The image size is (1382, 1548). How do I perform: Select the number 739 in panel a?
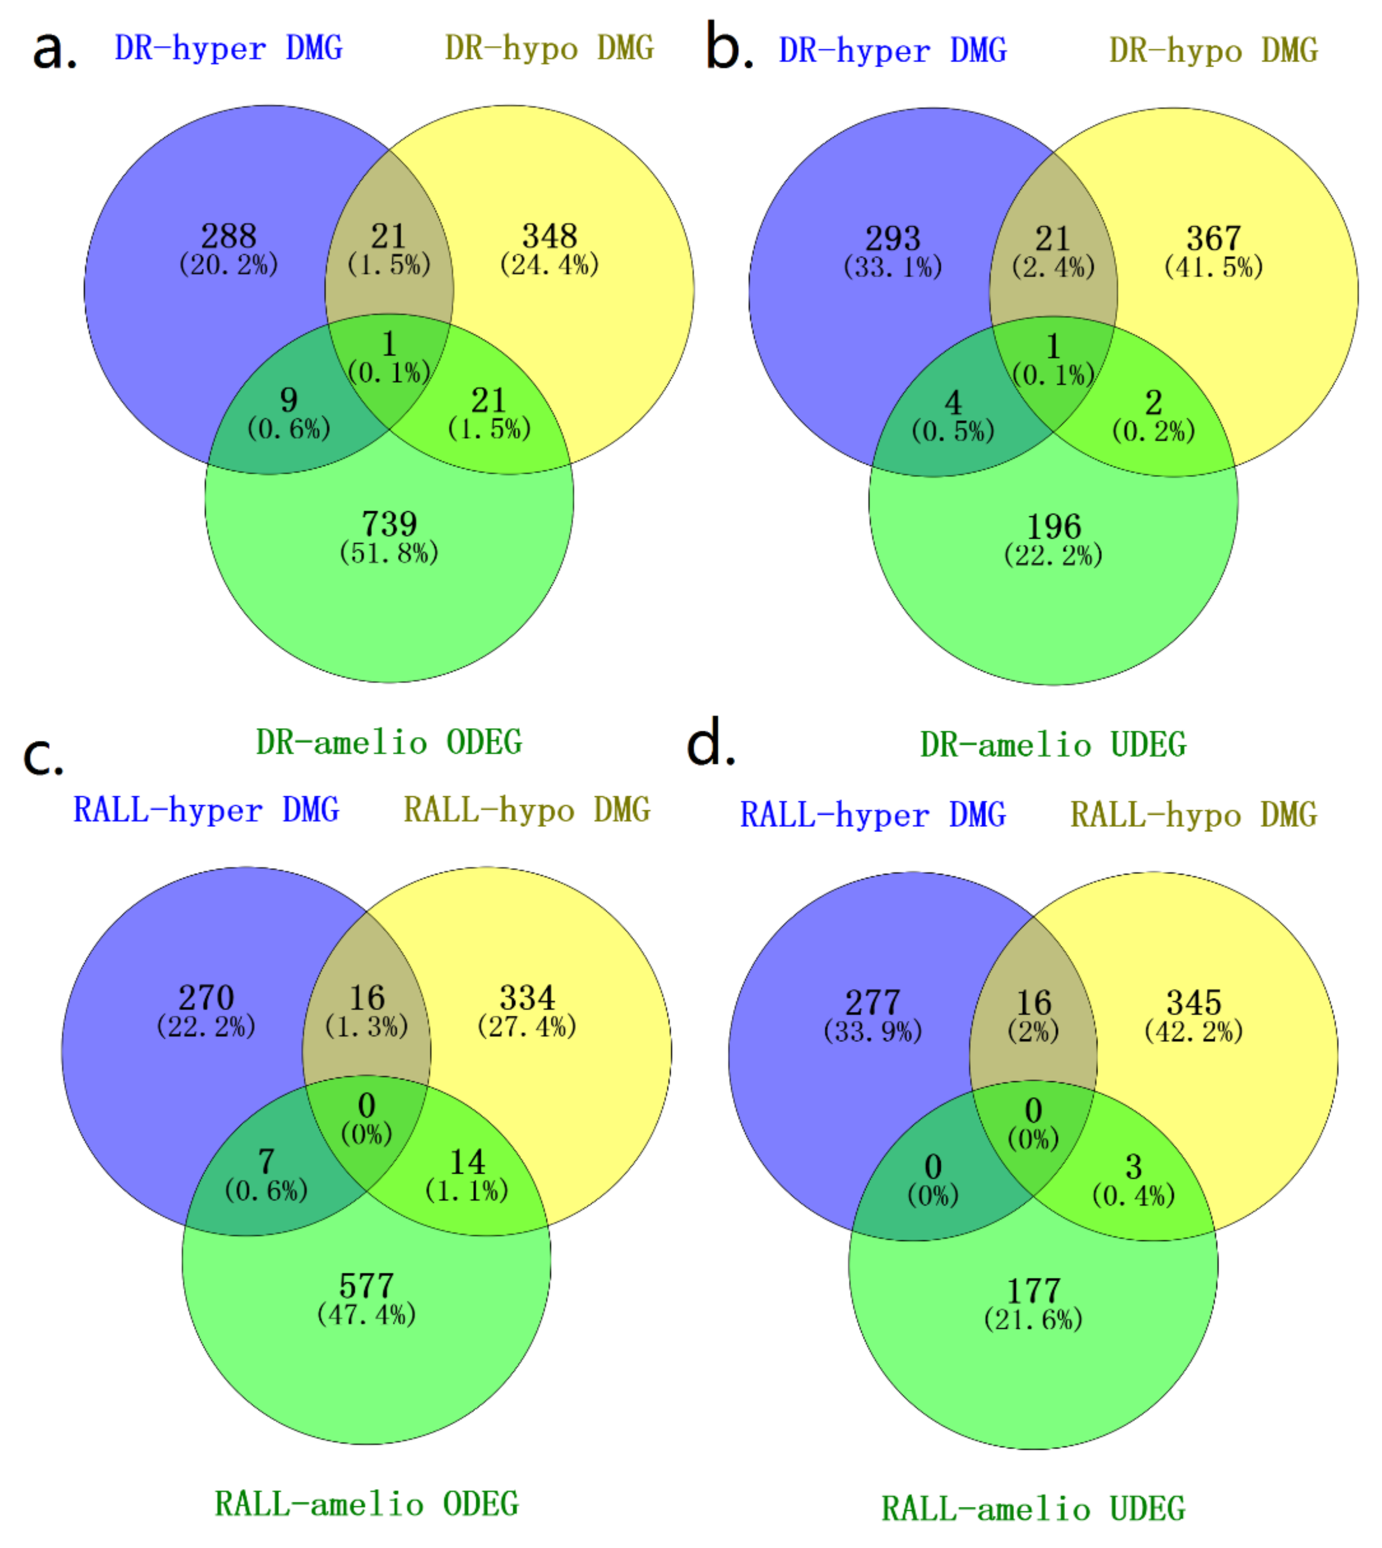coord(389,524)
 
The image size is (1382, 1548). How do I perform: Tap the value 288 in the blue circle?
coord(229,236)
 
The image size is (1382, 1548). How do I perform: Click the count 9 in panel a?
coord(288,400)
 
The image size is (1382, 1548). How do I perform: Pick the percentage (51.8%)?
coord(389,553)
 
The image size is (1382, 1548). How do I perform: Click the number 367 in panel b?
coord(1213,238)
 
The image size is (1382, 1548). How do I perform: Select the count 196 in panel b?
coord(1053,527)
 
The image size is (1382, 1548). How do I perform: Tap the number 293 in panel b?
coord(893,238)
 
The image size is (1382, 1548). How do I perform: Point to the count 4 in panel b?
coord(953,402)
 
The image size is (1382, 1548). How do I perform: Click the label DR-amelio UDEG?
coord(1053,745)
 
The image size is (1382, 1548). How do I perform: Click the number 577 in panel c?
coord(366,1286)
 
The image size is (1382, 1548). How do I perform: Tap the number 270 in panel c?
coord(206,997)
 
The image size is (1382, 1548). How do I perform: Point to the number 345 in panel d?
coord(1194,1003)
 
